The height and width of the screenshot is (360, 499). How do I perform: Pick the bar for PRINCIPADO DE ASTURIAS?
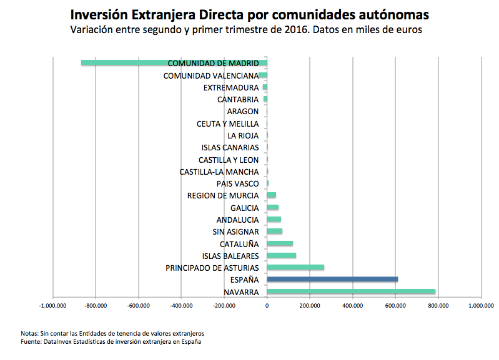(295, 268)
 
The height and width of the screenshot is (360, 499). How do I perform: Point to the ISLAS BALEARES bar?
(282, 255)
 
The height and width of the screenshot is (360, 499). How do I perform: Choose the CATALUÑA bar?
(280, 243)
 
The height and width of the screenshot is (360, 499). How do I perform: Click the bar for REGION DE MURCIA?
(272, 195)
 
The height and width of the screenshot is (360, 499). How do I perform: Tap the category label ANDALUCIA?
(237, 220)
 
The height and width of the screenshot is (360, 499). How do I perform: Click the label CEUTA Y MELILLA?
(227, 124)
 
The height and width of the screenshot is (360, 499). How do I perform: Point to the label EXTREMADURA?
(231, 87)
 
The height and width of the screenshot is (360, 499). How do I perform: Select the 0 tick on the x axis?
(267, 306)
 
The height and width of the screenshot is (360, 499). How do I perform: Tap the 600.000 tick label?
(395, 306)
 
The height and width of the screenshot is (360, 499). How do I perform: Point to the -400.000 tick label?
(181, 306)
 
